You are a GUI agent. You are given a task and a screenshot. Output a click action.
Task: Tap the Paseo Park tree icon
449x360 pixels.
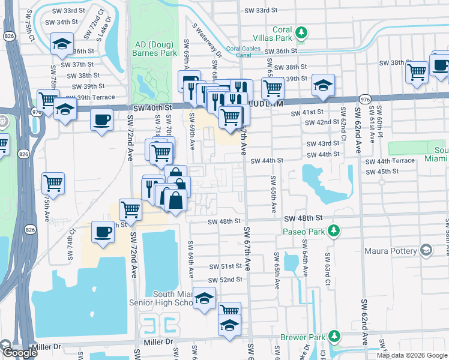pos(336,231)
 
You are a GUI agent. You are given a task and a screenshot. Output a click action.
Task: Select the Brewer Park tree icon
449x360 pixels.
pos(335,337)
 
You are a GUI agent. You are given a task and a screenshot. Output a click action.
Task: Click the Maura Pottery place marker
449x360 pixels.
pos(426,250)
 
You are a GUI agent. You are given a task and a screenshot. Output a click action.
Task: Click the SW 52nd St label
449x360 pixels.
pos(225,280)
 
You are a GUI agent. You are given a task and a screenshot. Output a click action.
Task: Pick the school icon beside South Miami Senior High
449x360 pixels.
pos(205,299)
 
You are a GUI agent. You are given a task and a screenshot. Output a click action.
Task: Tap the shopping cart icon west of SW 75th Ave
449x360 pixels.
pos(53,182)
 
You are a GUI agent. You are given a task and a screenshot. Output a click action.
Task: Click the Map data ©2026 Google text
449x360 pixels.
pos(412,355)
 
